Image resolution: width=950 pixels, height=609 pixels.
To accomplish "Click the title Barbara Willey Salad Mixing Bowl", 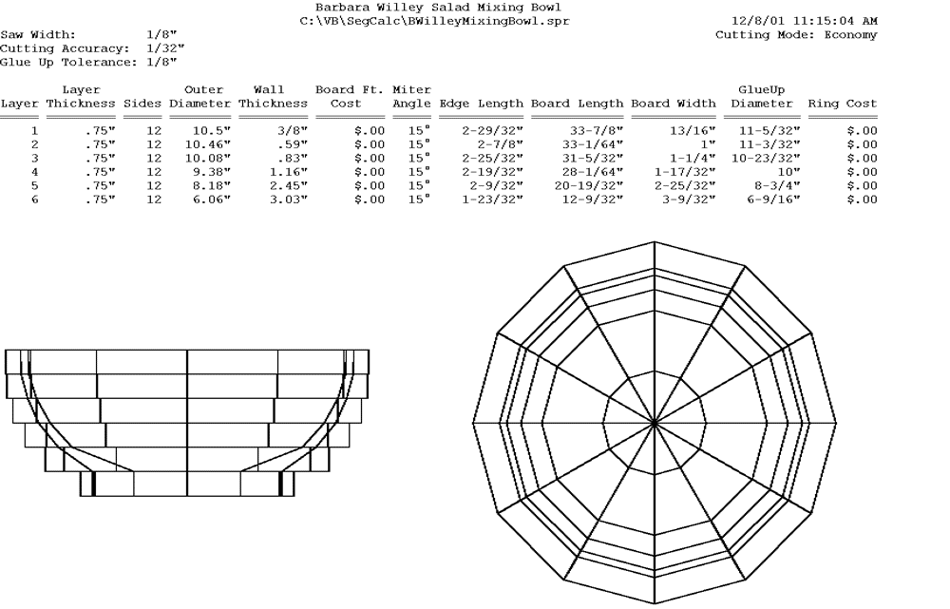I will pos(438,8).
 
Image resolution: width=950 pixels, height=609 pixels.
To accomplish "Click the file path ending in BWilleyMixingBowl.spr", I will pos(435,21).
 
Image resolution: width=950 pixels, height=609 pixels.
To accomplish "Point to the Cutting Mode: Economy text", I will pos(796,35).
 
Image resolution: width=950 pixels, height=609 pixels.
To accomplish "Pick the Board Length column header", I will pos(577,104).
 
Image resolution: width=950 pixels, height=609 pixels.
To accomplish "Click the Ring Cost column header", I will pos(843,104).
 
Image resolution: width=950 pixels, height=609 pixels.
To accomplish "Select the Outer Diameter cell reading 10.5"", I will pos(212,131).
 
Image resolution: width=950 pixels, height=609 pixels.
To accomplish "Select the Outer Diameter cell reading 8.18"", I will pos(212,186).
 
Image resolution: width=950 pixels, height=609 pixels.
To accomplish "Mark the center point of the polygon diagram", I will pos(655,421).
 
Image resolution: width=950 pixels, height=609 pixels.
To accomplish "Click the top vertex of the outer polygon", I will pos(655,241).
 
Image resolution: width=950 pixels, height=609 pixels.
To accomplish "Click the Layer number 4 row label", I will pos(34,172).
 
